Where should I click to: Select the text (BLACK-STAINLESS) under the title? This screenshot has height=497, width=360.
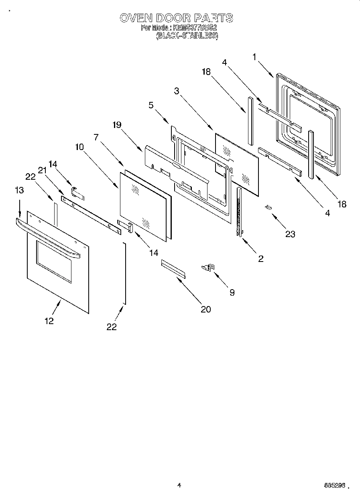pyautogui.click(x=187, y=35)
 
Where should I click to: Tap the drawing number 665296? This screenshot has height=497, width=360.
pyautogui.click(x=334, y=485)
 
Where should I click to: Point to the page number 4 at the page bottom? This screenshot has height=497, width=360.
pyautogui.click(x=179, y=485)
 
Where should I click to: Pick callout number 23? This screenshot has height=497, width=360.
pyautogui.click(x=290, y=234)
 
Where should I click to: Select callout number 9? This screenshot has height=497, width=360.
pyautogui.click(x=232, y=292)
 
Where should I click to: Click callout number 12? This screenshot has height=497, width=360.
pyautogui.click(x=49, y=321)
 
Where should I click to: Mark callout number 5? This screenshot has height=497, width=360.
pyautogui.click(x=151, y=105)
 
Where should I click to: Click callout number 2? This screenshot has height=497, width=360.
pyautogui.click(x=261, y=259)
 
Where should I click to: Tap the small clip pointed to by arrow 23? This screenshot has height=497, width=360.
pyautogui.click(x=268, y=207)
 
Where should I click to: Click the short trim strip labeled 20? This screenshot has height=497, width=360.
pyautogui.click(x=173, y=268)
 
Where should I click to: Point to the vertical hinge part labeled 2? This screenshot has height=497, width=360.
pyautogui.click(x=240, y=213)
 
